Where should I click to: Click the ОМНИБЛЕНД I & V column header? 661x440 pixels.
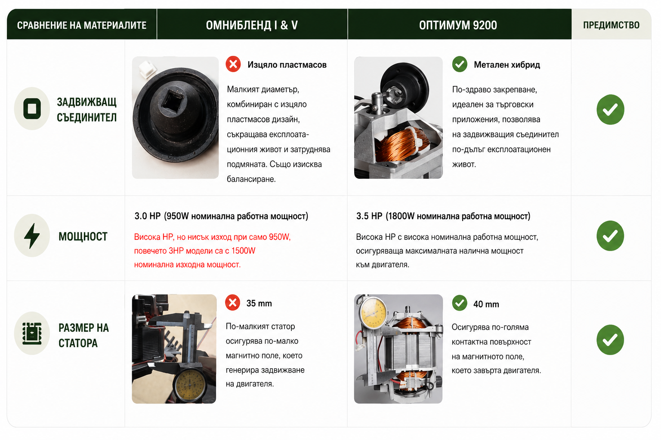pyautogui.click(x=252, y=25)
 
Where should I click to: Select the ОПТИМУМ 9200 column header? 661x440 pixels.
pyautogui.click(x=458, y=25)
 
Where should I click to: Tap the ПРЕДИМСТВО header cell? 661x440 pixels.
pyautogui.click(x=611, y=25)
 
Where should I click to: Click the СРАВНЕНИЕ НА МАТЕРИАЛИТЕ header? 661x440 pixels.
pyautogui.click(x=82, y=25)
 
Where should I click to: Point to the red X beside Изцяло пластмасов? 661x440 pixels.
pyautogui.click(x=233, y=64)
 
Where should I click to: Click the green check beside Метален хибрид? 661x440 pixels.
pyautogui.click(x=460, y=64)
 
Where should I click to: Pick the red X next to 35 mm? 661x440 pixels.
pyautogui.click(x=232, y=302)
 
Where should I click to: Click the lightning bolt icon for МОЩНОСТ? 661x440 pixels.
pyautogui.click(x=32, y=235)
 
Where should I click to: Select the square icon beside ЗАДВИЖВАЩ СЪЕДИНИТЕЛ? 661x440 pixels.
pyautogui.click(x=32, y=108)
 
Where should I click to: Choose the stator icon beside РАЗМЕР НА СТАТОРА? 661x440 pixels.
pyautogui.click(x=32, y=333)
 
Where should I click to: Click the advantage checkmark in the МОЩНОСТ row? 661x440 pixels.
pyautogui.click(x=610, y=236)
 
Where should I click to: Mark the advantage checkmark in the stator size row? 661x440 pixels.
pyautogui.click(x=610, y=340)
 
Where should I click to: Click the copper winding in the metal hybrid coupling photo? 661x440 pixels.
pyautogui.click(x=402, y=144)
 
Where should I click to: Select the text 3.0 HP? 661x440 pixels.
pyautogui.click(x=148, y=216)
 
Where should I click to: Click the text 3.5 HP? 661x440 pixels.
pyautogui.click(x=369, y=216)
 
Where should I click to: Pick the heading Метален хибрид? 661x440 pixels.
pyautogui.click(x=507, y=64)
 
